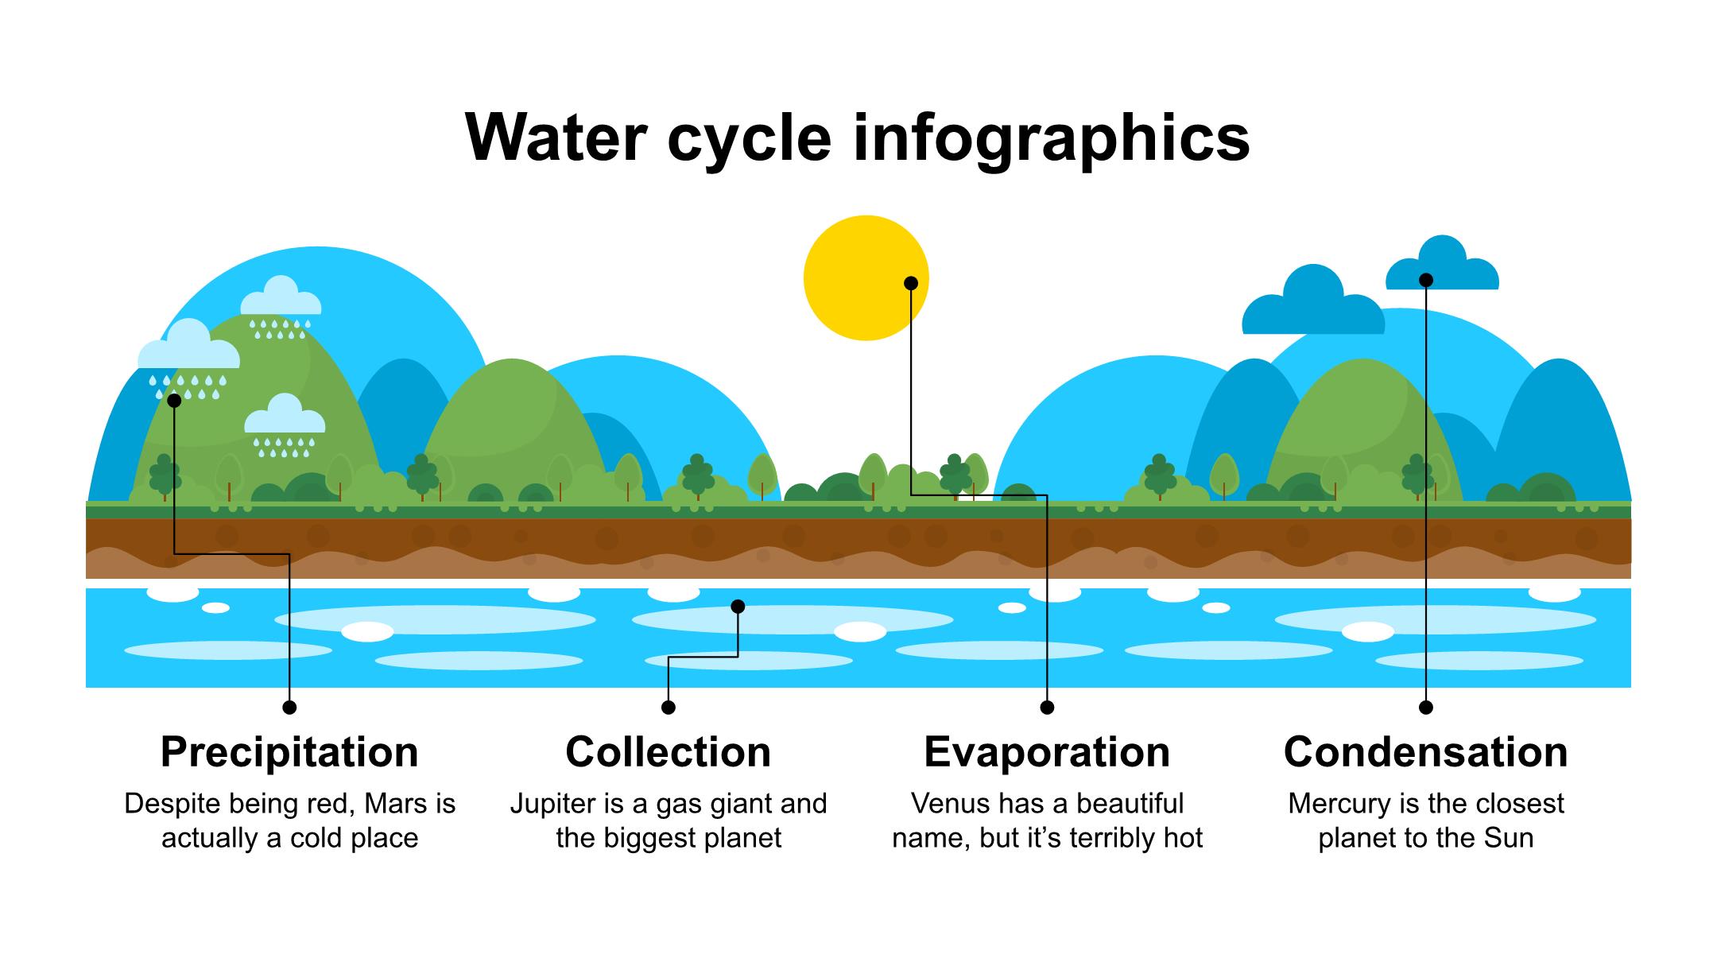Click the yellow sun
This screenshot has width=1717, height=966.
(866, 278)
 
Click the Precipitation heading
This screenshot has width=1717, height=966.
(289, 751)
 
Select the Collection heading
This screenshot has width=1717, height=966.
(669, 751)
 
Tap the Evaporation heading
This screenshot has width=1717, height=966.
(1047, 751)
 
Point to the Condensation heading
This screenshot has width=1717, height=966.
(1426, 751)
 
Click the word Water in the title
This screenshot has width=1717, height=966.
(555, 138)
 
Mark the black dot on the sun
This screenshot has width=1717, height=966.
(911, 283)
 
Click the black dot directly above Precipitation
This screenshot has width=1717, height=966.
(289, 707)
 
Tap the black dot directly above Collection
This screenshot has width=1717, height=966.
(669, 707)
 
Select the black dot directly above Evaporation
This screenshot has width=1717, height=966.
(1047, 707)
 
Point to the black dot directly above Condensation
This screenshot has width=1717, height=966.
(1426, 707)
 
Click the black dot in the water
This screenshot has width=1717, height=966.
(738, 607)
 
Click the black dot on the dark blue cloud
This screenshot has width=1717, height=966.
(1426, 280)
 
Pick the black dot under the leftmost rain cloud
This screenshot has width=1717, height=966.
(174, 401)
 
